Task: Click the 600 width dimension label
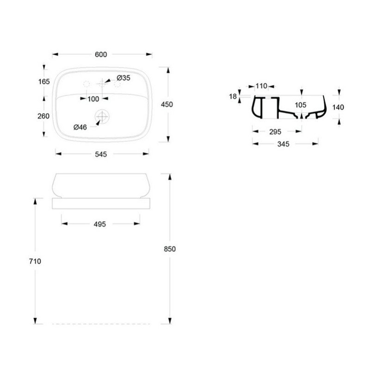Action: (x=101, y=55)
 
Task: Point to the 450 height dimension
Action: (x=166, y=105)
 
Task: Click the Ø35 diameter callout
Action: (x=123, y=77)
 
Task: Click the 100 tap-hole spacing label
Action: (x=93, y=99)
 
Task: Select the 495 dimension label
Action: (x=100, y=224)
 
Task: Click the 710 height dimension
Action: (x=36, y=261)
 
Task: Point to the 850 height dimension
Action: (x=170, y=248)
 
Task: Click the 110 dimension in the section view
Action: (x=262, y=86)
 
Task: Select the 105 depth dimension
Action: (x=301, y=105)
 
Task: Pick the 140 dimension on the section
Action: (x=338, y=107)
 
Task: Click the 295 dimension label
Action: (x=275, y=132)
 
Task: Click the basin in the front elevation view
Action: (x=102, y=185)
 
